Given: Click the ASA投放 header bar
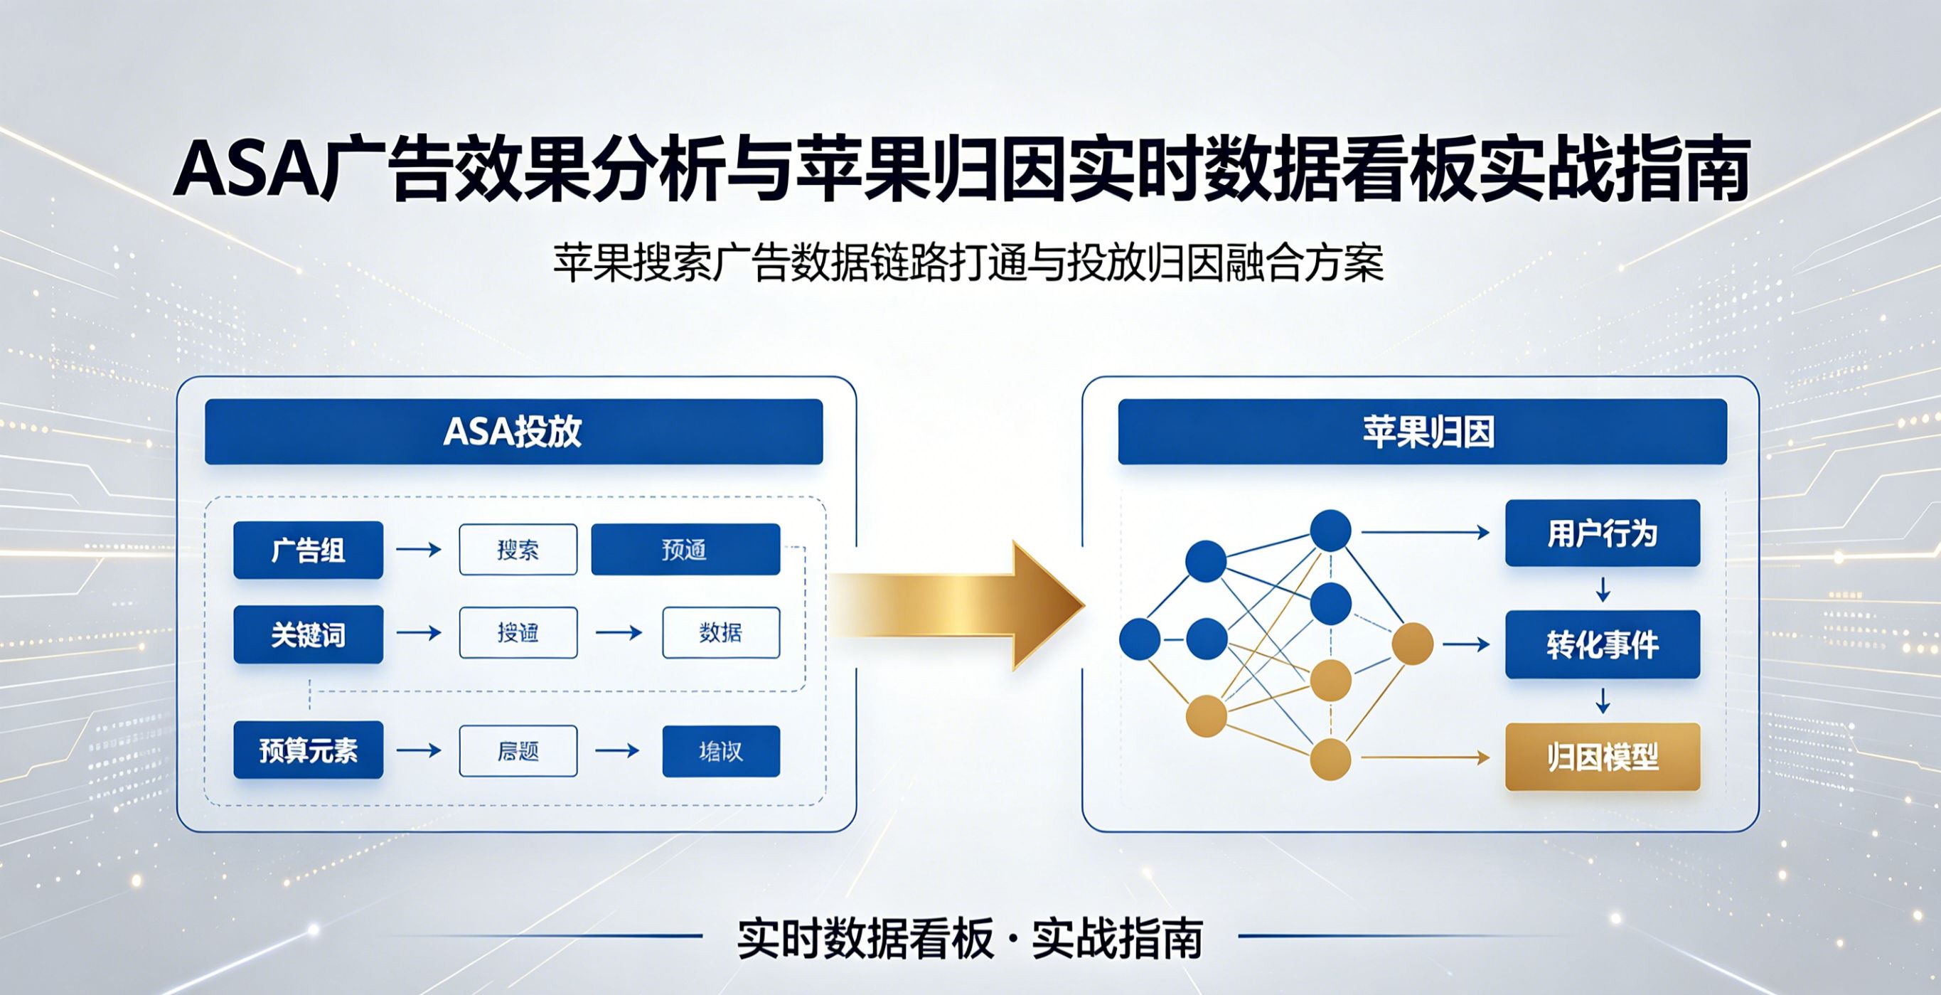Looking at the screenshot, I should point(513,432).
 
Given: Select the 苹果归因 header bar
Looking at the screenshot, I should point(1422,432).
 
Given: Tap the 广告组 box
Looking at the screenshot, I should point(308,550).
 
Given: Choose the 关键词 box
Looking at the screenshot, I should point(308,634).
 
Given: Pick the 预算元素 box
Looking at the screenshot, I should point(308,750).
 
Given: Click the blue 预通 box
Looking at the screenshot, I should point(685,550).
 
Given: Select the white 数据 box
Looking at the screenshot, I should point(721,632).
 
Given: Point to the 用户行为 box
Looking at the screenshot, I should point(1603,533).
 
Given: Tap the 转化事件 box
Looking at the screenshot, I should point(1603,644).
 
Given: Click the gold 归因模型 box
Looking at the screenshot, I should point(1603,757).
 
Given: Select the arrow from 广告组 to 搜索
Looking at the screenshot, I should point(419,550).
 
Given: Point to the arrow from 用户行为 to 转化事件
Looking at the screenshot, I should point(1603,589).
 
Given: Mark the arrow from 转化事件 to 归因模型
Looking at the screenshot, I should point(1603,701).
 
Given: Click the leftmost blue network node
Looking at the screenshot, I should point(1139,639).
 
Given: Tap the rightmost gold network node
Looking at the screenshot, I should point(1412,644).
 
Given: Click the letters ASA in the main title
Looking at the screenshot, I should point(245,172).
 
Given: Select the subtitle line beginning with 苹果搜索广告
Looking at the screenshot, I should point(969,263).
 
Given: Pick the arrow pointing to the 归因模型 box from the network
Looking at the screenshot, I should point(1424,757).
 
